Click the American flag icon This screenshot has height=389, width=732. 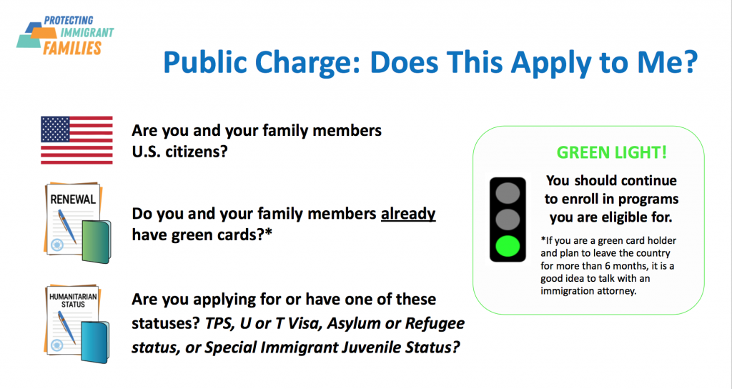[76, 140]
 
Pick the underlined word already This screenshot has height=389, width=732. [408, 214]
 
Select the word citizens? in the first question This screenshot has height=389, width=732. [194, 152]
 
